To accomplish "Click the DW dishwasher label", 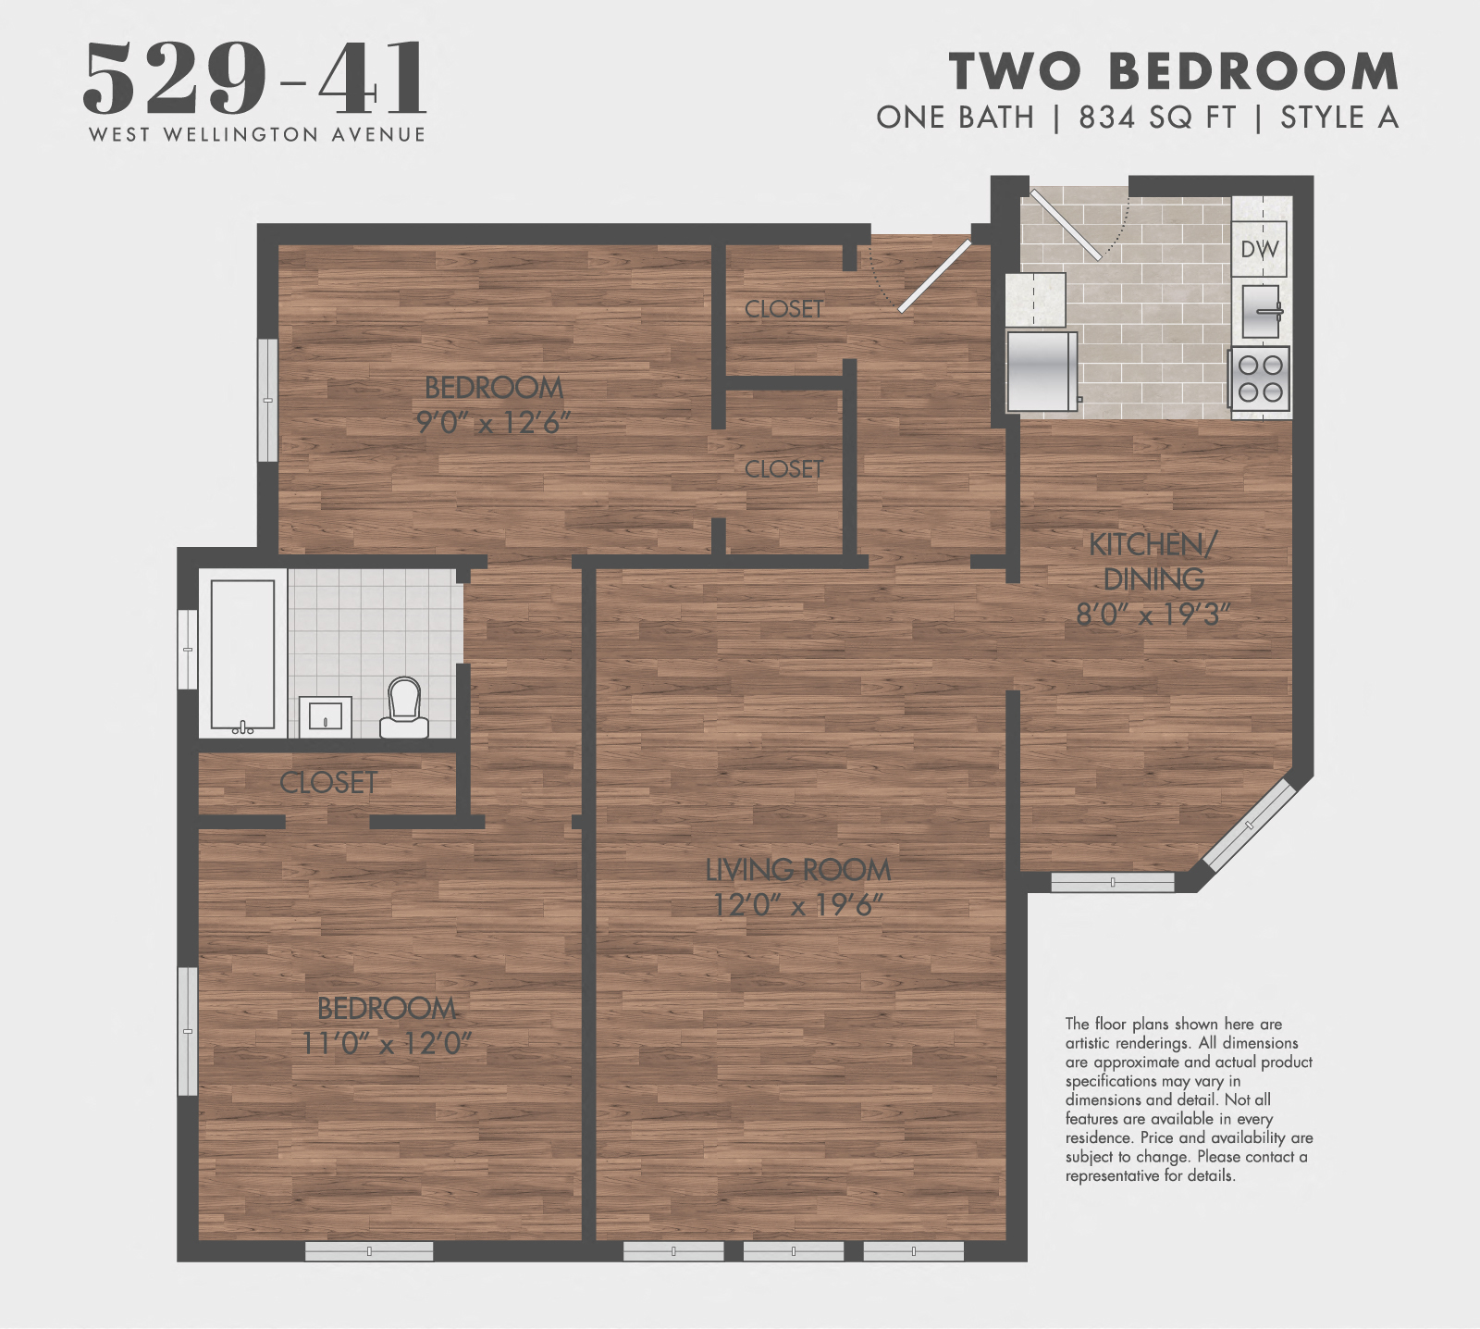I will [x=1259, y=249].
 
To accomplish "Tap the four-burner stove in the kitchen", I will [x=1259, y=379].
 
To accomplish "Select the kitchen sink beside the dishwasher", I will [x=1259, y=311].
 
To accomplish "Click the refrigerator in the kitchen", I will [x=1042, y=371].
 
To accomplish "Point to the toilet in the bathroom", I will [x=404, y=708].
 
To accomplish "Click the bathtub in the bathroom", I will [x=242, y=653].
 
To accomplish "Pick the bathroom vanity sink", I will [x=325, y=716].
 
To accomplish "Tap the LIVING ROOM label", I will [x=797, y=870].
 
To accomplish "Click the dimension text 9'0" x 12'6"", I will [x=493, y=423].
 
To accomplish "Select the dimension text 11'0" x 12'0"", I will [x=387, y=1044].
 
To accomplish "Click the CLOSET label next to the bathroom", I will [x=328, y=783].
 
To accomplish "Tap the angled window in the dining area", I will [x=1250, y=825].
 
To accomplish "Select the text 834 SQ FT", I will [x=1157, y=118].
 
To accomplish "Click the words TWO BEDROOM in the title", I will [x=1174, y=71].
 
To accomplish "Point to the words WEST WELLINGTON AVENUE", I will [x=257, y=135].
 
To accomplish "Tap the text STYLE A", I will [x=1338, y=118].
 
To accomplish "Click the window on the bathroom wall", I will [x=188, y=649].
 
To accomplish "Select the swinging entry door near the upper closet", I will [x=934, y=277].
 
